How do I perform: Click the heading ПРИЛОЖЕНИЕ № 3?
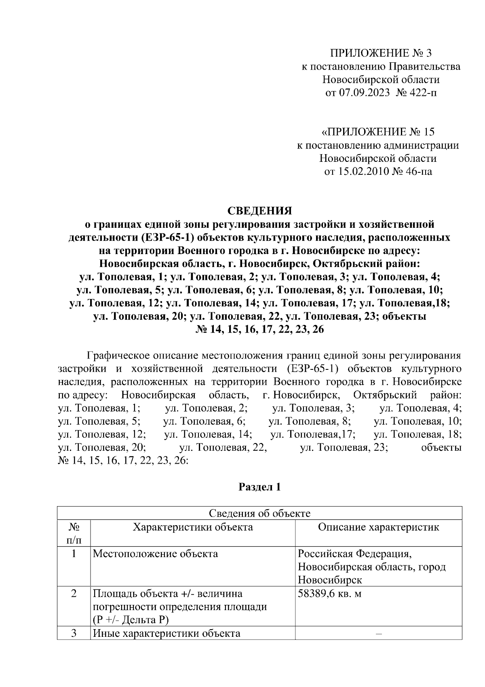click(381, 53)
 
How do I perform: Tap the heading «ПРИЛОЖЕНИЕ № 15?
click(378, 132)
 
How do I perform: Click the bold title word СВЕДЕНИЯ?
click(259, 211)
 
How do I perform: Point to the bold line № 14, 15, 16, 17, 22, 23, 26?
click(259, 329)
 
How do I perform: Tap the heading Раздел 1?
click(259, 487)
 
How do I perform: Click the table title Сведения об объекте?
click(259, 513)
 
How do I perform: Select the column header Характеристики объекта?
click(193, 527)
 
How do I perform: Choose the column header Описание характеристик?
click(378, 527)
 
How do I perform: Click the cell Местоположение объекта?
click(155, 553)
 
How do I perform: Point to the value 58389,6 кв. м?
click(329, 594)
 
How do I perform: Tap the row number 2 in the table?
click(74, 594)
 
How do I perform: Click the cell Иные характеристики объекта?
click(167, 633)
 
